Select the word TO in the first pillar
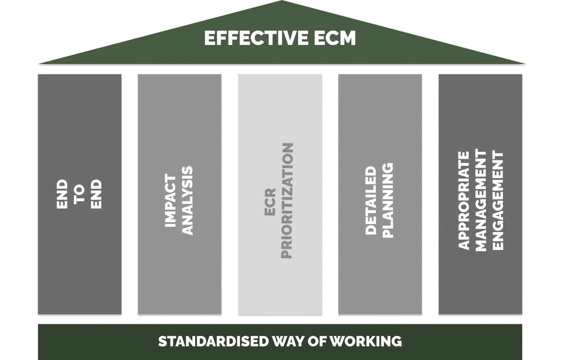[79, 194]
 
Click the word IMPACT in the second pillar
[170, 201]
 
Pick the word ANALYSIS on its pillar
[187, 201]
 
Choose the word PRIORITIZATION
[287, 201]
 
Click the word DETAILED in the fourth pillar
[371, 201]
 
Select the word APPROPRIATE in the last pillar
[464, 201]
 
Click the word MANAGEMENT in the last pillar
[481, 201]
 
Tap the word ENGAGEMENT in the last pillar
[498, 201]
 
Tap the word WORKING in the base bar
[365, 341]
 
